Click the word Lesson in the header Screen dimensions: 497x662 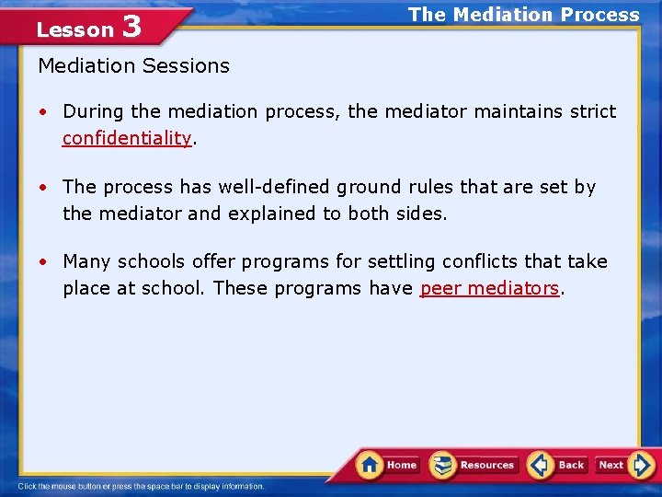(x=74, y=29)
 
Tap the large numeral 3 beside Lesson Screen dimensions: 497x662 (x=131, y=27)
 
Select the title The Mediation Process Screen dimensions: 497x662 (x=523, y=15)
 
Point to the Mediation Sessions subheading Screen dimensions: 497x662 (x=133, y=66)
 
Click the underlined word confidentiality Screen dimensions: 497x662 (x=127, y=138)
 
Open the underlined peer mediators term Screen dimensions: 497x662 (x=489, y=288)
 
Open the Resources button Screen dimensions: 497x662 (x=475, y=465)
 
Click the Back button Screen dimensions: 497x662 (x=559, y=465)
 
